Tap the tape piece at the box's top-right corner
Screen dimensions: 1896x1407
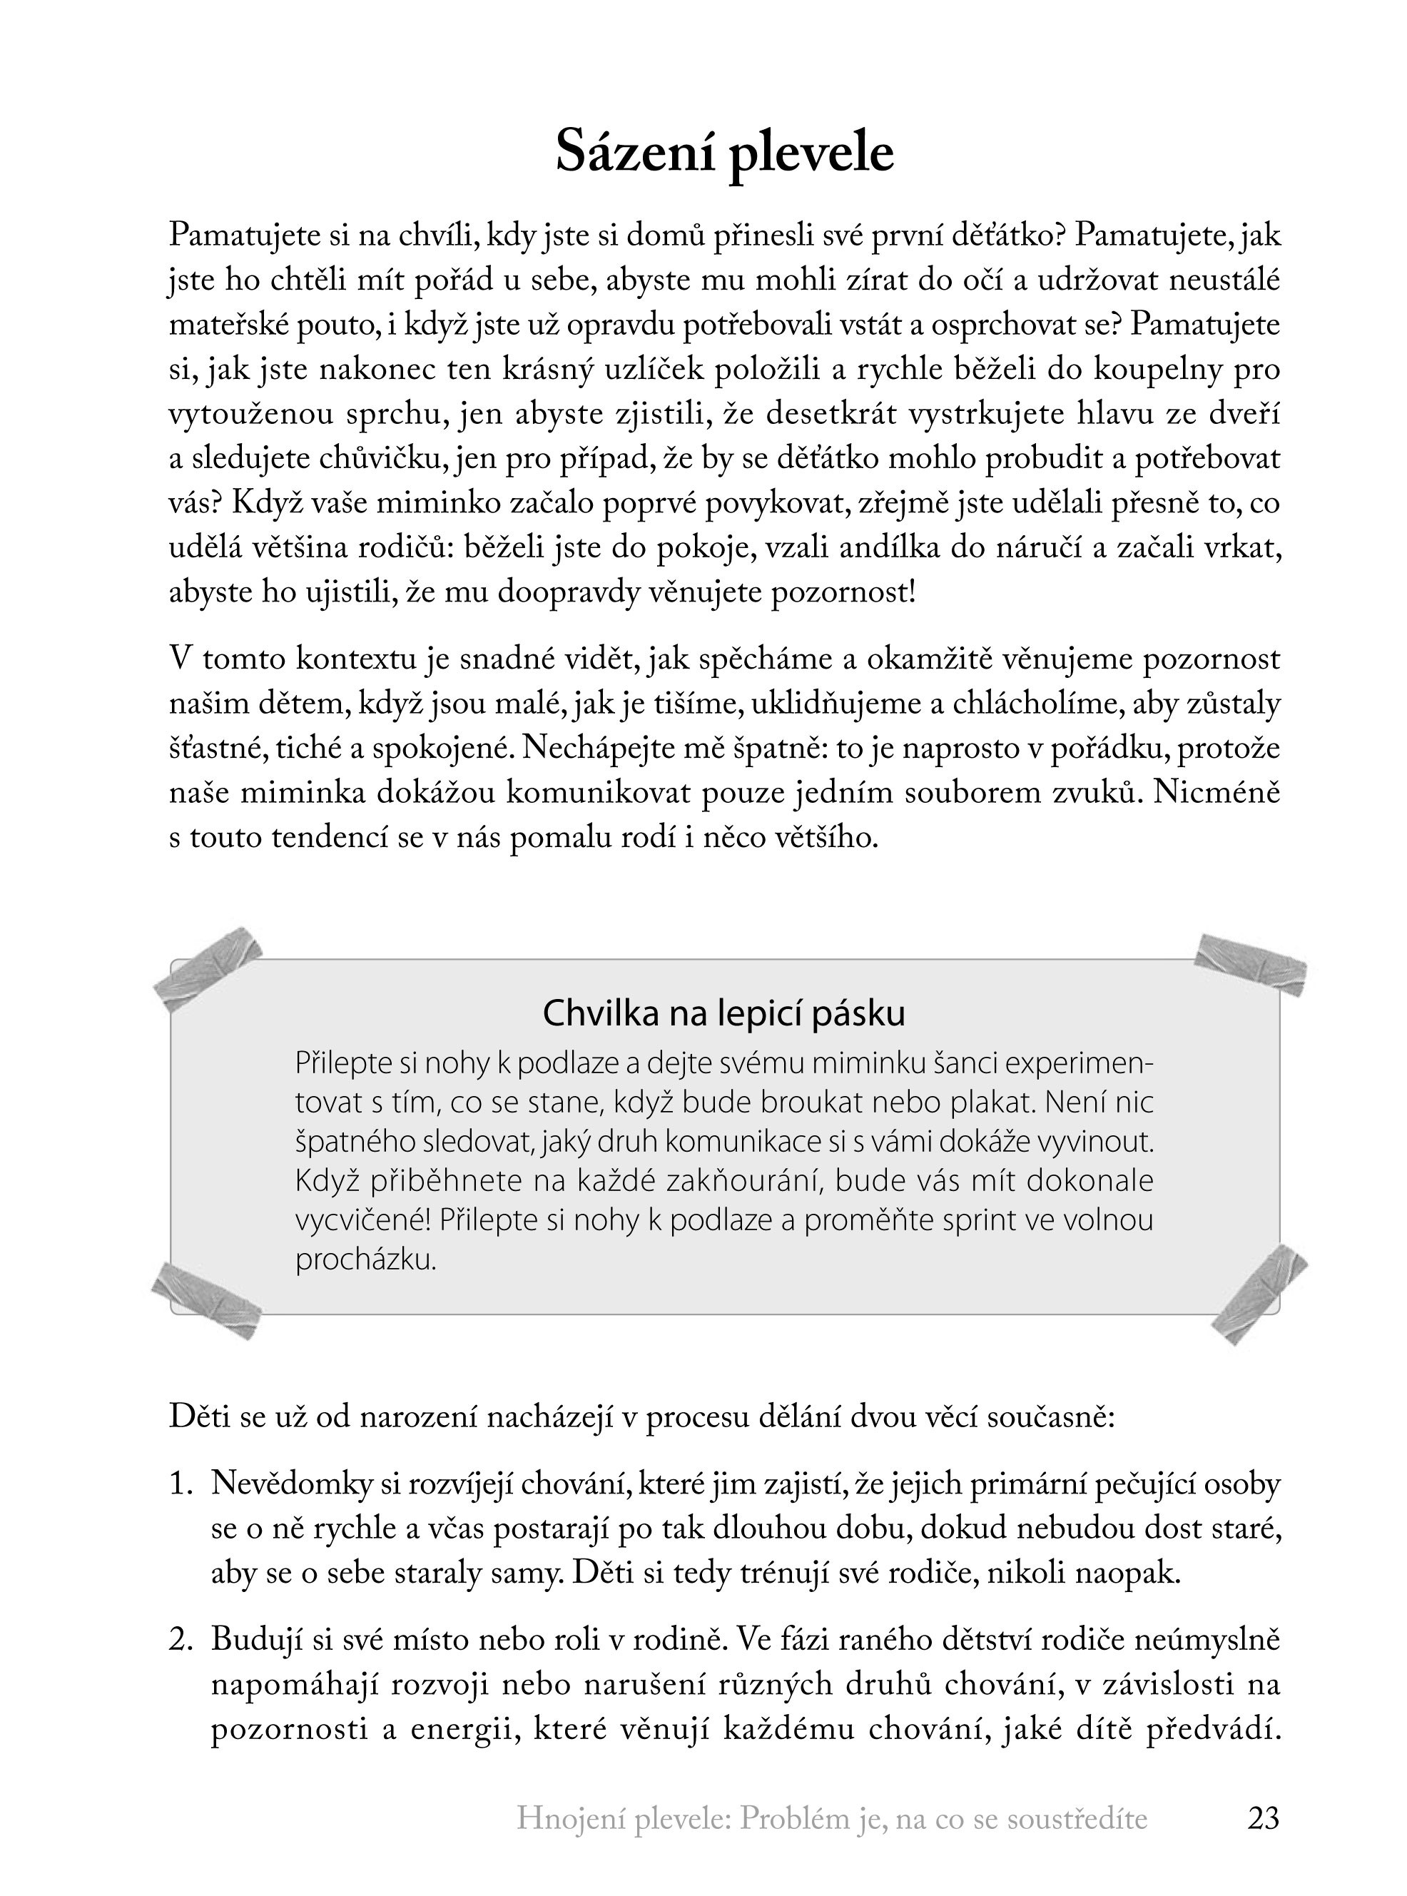coord(1250,964)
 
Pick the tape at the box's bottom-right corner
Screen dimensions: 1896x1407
coord(1259,1294)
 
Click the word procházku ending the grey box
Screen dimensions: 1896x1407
coord(365,1259)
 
